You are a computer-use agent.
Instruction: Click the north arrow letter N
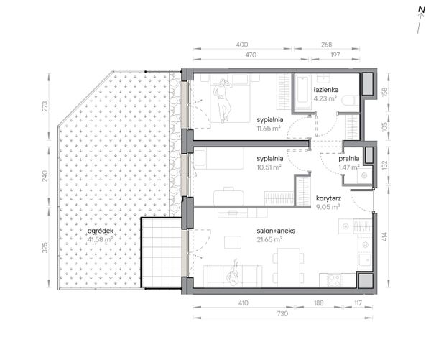pyautogui.click(x=422, y=10)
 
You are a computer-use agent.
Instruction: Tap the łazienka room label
pyautogui.click(x=326, y=90)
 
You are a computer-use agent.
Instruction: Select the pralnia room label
pyautogui.click(x=349, y=159)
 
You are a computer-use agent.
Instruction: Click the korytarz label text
pyautogui.click(x=328, y=198)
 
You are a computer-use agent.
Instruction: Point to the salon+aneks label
pyautogui.click(x=276, y=231)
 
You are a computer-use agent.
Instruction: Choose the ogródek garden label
pyautogui.click(x=101, y=231)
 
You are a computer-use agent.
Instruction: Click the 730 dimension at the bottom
pyautogui.click(x=282, y=313)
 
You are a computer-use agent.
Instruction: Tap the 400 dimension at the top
pyautogui.click(x=242, y=45)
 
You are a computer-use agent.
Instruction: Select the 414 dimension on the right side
pyautogui.click(x=384, y=237)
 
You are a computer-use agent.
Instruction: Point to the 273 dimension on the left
pyautogui.click(x=45, y=106)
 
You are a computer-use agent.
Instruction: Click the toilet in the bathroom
pyautogui.click(x=351, y=101)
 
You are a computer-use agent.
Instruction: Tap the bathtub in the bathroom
pyautogui.click(x=303, y=93)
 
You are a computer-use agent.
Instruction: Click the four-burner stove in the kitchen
pyautogui.click(x=335, y=280)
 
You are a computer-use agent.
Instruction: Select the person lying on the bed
pyautogui.click(x=223, y=101)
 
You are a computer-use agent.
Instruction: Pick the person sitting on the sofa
pyautogui.click(x=233, y=273)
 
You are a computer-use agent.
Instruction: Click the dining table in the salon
pyautogui.click(x=289, y=266)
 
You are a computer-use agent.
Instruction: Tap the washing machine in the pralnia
pyautogui.click(x=364, y=175)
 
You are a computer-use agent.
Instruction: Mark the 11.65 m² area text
pyautogui.click(x=269, y=129)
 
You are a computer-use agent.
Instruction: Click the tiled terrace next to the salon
pyautogui.click(x=162, y=253)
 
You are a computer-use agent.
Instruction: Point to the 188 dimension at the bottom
pyautogui.click(x=318, y=303)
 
